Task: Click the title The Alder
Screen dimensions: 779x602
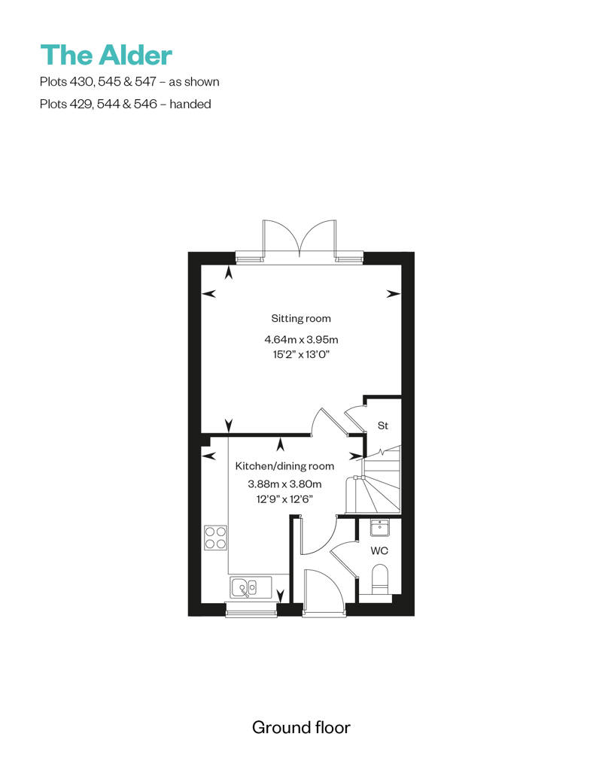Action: coord(106,55)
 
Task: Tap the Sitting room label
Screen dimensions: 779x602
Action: coord(301,318)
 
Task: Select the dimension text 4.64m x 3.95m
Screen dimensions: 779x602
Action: coord(301,339)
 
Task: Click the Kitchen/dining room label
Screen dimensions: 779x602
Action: coord(284,466)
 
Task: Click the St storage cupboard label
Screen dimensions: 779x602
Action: coord(382,426)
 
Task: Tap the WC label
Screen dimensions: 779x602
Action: coord(380,551)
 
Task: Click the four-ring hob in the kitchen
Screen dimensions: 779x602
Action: coord(215,537)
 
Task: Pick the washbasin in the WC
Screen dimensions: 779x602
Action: coord(380,528)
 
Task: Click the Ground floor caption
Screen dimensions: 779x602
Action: coord(301,727)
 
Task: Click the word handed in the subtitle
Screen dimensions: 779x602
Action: coord(190,104)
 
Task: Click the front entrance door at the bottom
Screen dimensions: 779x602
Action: coord(324,594)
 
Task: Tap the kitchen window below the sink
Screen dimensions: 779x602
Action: coord(245,611)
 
